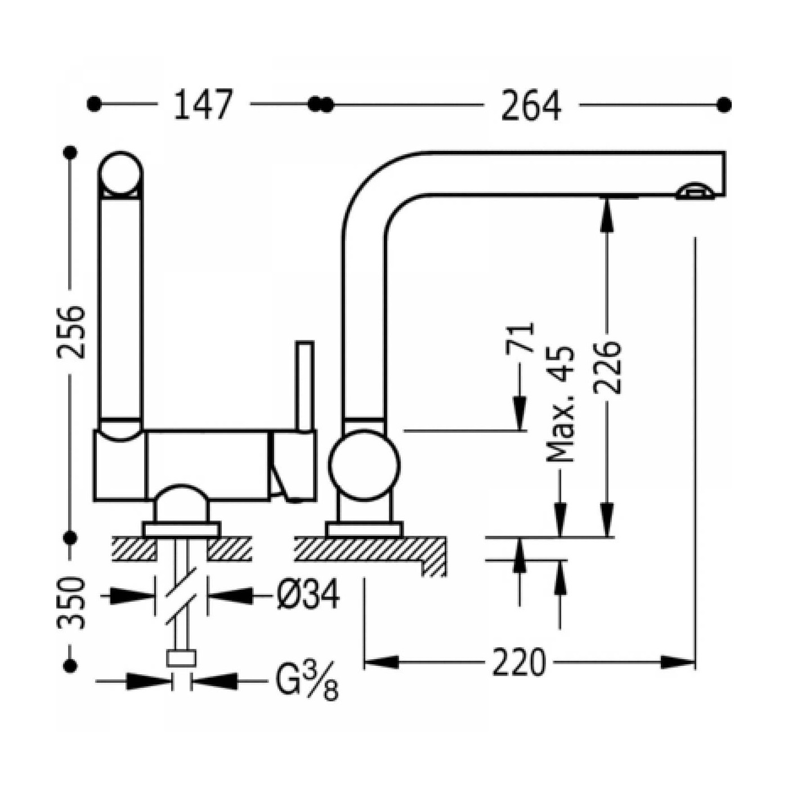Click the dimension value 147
point(203,105)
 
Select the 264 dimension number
point(531,105)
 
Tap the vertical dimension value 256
point(71,332)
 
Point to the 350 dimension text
point(71,602)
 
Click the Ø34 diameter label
point(308,595)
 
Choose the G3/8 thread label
point(307,682)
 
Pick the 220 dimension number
point(519,662)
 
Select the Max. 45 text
point(561,404)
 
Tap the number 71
point(520,337)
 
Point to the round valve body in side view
point(364,465)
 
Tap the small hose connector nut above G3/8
point(181,658)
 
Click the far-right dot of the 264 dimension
point(724,105)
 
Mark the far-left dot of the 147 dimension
point(94,104)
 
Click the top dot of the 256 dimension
point(71,153)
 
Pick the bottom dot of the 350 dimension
point(71,665)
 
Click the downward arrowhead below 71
point(520,411)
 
